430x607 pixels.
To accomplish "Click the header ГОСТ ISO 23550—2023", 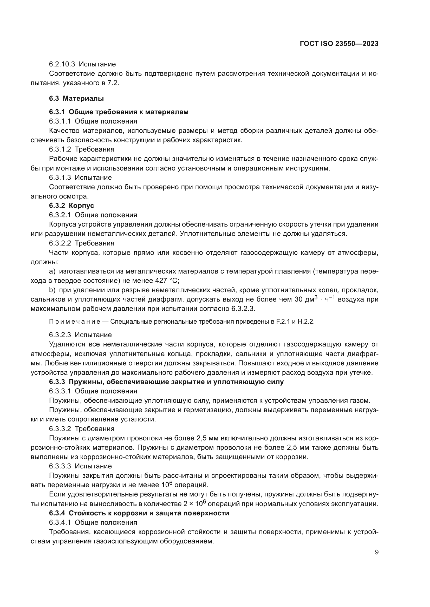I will (x=339, y=44).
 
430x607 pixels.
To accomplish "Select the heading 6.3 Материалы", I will (x=76, y=98).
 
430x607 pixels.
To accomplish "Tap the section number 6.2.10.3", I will (x=62, y=64).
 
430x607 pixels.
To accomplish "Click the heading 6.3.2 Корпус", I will (x=71, y=206).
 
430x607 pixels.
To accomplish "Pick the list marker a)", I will (x=52, y=271).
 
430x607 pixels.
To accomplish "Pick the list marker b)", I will (x=52, y=290).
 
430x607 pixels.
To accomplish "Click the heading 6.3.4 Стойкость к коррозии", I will (x=139, y=513).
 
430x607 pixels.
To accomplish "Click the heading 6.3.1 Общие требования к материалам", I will (x=119, y=112).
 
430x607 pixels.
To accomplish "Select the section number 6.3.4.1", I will (x=60, y=522).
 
